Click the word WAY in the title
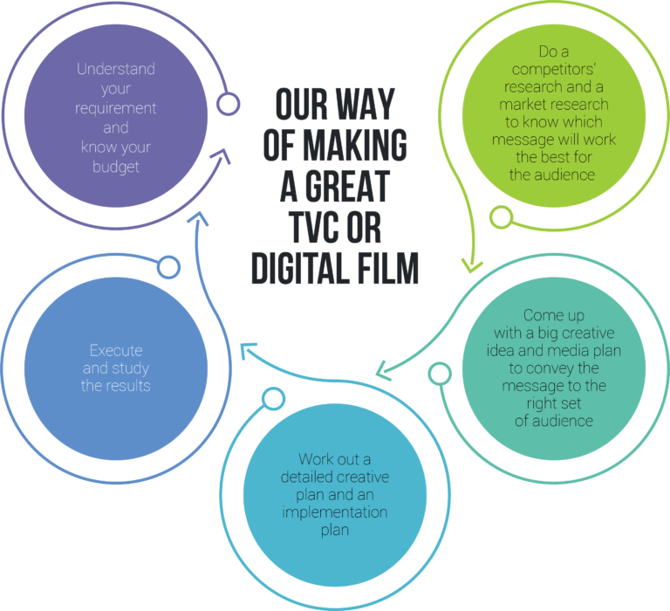click(x=366, y=105)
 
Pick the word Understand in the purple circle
click(x=116, y=69)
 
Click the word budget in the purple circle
click(x=116, y=167)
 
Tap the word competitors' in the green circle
click(x=554, y=69)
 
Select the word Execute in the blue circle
click(x=116, y=351)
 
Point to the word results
click(x=126, y=386)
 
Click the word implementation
click(x=335, y=512)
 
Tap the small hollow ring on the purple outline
click(x=228, y=104)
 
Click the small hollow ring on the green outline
click(x=502, y=216)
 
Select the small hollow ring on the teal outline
click(x=440, y=374)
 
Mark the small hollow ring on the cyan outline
click(x=273, y=399)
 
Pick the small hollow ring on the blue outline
click(x=168, y=267)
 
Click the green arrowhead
click(x=472, y=266)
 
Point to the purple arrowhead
click(x=222, y=156)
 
